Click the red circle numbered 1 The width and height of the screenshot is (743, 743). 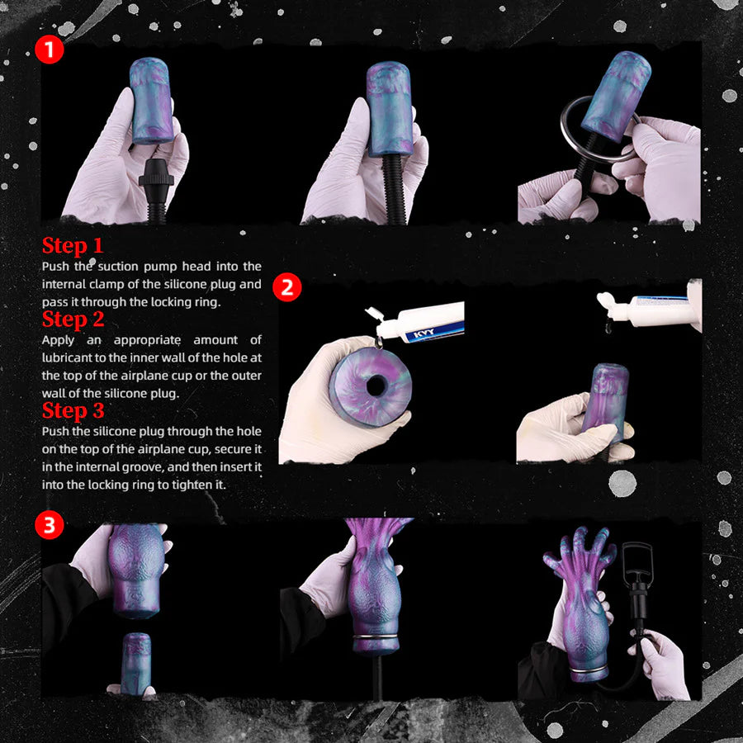coord(50,50)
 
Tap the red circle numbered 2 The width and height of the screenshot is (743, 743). coord(287,287)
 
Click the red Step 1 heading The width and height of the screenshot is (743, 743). coord(73,245)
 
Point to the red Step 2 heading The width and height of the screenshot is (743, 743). coord(73,319)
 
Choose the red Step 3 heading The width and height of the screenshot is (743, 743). coord(73,410)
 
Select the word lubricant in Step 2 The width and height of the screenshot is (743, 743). coord(64,357)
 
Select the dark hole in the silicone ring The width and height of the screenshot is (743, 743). coord(376,386)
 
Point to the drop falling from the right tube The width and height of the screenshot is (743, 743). coord(608,328)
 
